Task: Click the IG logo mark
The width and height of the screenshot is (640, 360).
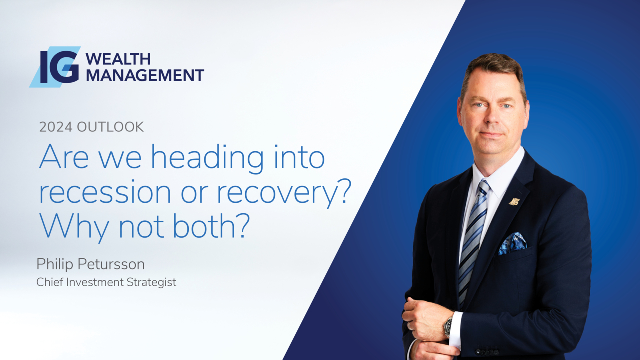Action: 55,67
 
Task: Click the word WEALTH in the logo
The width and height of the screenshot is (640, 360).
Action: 118,59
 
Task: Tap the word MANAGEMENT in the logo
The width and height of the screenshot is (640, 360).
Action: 145,75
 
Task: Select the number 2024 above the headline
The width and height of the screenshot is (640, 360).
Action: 56,127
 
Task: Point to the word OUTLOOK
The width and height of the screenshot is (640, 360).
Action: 110,127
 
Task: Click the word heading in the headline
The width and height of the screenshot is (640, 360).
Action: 207,158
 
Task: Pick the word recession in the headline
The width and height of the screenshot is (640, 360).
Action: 105,193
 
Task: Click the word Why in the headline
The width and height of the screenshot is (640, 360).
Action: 74,227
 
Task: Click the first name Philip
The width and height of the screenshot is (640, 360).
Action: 55,264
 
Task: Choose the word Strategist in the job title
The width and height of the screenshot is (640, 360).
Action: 151,282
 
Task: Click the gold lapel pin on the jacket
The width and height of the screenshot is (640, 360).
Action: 514,202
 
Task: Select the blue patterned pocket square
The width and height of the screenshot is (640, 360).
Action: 512,243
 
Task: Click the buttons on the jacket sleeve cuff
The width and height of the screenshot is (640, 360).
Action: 487,351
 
